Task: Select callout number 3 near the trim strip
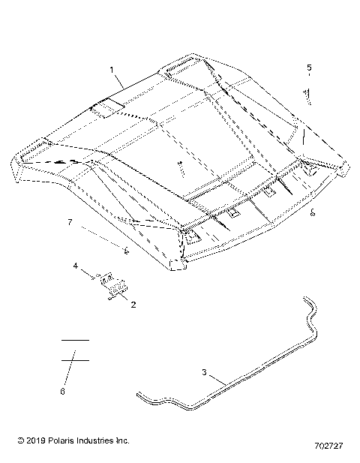[x=204, y=371]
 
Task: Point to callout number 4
[x=76, y=266]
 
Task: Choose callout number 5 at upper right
[x=308, y=68]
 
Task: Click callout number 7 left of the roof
[x=69, y=223]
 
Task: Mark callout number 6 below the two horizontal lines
[x=62, y=391]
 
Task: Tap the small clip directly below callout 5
[x=306, y=93]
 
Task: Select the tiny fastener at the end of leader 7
[x=127, y=251]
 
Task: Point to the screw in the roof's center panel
[x=181, y=167]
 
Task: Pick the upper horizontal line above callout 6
[x=75, y=340]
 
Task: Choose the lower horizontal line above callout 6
[x=75, y=360]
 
